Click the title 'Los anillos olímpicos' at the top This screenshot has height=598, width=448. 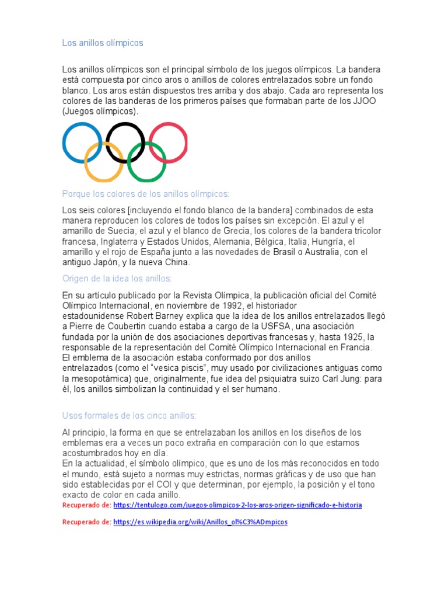pos(103,43)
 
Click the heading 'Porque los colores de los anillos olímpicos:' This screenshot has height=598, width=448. pos(146,194)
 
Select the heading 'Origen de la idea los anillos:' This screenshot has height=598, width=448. pos(117,279)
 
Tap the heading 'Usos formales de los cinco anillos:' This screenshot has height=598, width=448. pos(129,415)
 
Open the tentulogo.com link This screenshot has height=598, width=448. pos(237,505)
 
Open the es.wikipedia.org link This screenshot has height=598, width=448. pos(200,522)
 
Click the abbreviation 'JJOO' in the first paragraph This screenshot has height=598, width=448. pos(369,101)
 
